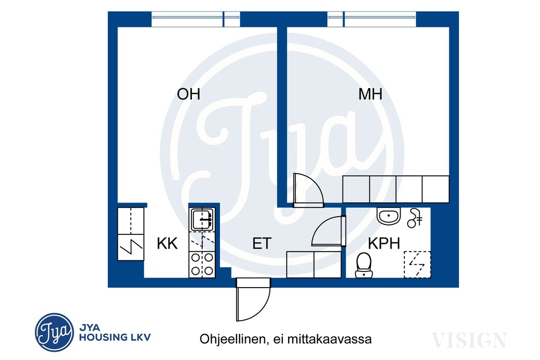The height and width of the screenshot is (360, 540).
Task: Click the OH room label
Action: pyautogui.click(x=188, y=94)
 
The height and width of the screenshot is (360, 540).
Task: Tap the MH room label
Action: pyautogui.click(x=370, y=94)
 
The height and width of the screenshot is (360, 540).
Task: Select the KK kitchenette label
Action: pyautogui.click(x=167, y=244)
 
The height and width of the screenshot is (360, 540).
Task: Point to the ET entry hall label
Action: pyautogui.click(x=262, y=244)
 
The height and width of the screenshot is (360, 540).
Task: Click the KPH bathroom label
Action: pyautogui.click(x=384, y=244)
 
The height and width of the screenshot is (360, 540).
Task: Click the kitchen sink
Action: pyautogui.click(x=202, y=219)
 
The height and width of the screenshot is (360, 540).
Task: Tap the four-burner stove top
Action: pyautogui.click(x=202, y=264)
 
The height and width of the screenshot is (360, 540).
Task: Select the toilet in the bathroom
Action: pyautogui.click(x=364, y=265)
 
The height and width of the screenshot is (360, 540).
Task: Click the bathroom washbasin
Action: pyautogui.click(x=389, y=216)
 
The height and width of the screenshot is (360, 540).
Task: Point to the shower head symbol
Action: pyautogui.click(x=415, y=218)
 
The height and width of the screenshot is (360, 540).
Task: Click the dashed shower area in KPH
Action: pyautogui.click(x=417, y=264)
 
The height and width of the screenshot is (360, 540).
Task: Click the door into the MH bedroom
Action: pyautogui.click(x=308, y=190)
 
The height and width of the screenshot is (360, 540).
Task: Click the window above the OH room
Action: pyautogui.click(x=196, y=19)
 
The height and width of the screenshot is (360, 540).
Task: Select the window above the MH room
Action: pyautogui.click(x=372, y=19)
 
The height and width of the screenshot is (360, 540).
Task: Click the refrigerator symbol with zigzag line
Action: pyautogui.click(x=131, y=247)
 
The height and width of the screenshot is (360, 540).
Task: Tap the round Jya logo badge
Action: pyautogui.click(x=54, y=333)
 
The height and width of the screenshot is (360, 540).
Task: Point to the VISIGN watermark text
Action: pyautogui.click(x=469, y=340)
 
